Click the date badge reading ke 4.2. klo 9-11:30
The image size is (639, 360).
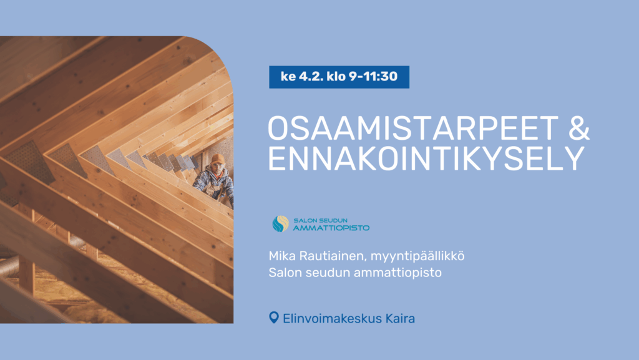pyautogui.click(x=339, y=77)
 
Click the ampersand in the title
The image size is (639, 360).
pyautogui.click(x=578, y=128)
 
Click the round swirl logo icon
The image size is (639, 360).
pyautogui.click(x=280, y=223)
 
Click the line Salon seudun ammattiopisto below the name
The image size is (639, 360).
pyautogui.click(x=354, y=273)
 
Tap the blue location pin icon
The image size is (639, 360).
pyautogui.click(x=273, y=318)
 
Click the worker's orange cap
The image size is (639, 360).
pyautogui.click(x=217, y=158)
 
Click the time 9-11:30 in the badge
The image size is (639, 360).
pyautogui.click(x=368, y=77)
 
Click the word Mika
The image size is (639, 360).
pyautogui.click(x=281, y=256)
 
